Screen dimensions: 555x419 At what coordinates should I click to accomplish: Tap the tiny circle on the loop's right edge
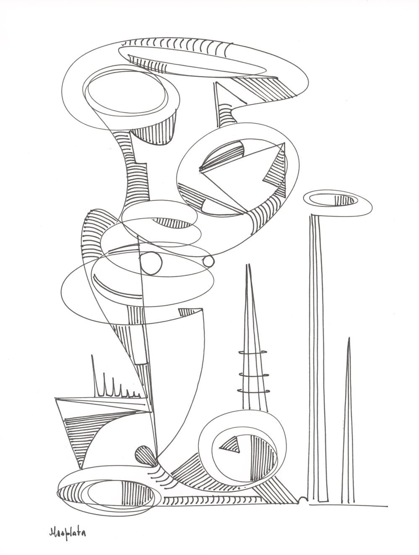click(x=208, y=262)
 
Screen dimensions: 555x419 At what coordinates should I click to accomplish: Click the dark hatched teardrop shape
click(x=144, y=455)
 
